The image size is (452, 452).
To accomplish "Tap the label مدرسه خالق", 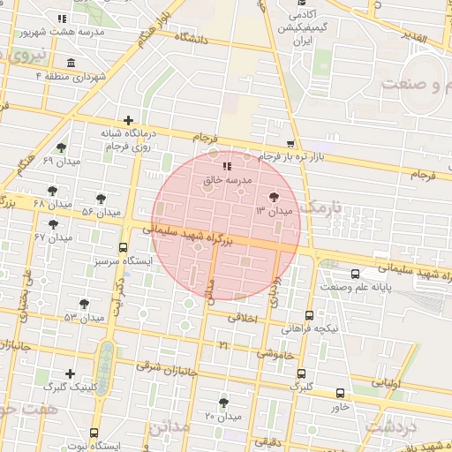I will pos(229,179).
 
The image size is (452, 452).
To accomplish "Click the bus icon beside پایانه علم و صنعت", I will pos(355,274).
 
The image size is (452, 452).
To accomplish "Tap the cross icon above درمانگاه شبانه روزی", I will pos(129,120).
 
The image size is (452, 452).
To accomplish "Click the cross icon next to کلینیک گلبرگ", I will pos(70,373).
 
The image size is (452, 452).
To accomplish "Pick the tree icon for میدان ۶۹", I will pos(61,148).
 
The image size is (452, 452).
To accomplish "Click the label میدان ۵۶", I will pos(101,212).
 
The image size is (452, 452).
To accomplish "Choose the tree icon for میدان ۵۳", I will pos(85,304).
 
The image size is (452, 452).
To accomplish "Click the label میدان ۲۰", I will pos(222,416).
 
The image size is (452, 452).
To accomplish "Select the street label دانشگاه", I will pos(193,38).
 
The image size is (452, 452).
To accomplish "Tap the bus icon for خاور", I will pos(341,394).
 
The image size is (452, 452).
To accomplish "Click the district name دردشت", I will pos(389,428).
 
